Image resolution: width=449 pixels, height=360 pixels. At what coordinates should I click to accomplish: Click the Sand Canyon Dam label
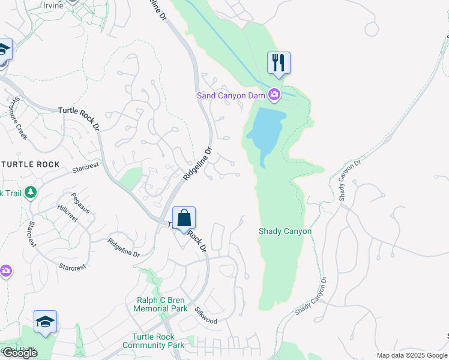pos(232,95)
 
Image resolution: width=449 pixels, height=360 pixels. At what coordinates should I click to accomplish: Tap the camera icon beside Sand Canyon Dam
pos(274,94)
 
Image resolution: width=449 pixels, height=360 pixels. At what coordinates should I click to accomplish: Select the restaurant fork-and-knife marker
pos(279,62)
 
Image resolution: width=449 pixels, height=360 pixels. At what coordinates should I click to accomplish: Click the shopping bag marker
pos(184,218)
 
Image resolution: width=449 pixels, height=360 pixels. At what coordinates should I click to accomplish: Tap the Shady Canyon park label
pos(285,231)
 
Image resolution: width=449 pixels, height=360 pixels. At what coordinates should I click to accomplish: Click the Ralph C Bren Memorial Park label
pos(160,304)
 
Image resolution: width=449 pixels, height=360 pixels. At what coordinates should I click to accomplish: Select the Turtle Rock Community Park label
pos(153,341)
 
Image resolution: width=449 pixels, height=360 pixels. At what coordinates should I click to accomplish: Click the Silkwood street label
pos(206,316)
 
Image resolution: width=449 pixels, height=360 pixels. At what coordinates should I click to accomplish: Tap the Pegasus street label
pos(80,203)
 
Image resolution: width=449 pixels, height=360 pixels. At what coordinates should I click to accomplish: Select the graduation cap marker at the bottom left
pos(45,322)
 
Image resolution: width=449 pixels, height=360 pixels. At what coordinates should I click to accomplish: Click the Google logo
pos(20,353)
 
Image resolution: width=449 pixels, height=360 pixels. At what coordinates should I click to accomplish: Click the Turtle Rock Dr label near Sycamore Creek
pos(80,111)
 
